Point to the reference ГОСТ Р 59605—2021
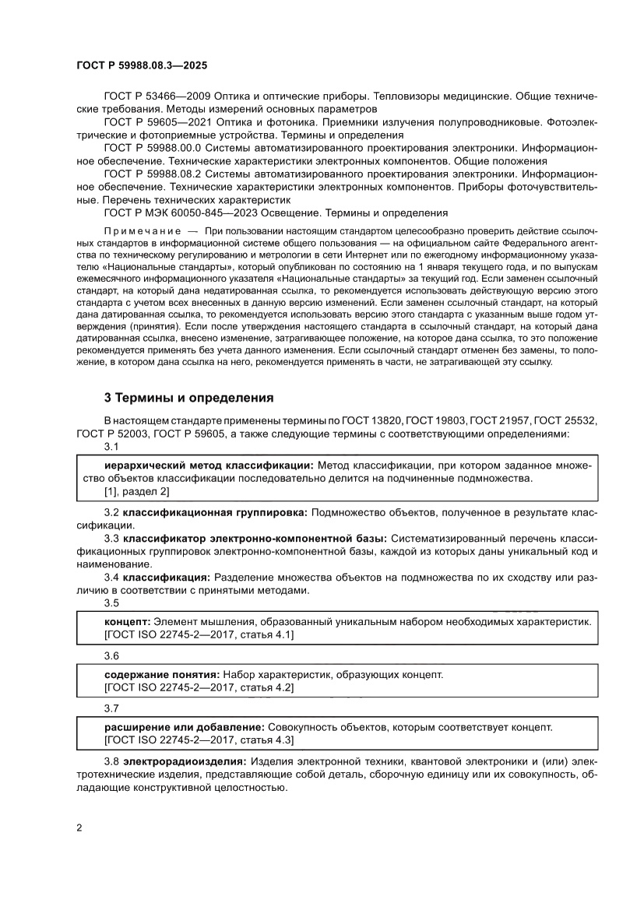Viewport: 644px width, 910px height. pos(155,122)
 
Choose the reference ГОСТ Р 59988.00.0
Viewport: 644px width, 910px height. pos(153,147)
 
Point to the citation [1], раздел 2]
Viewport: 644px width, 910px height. pos(136,491)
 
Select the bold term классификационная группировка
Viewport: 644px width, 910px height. pos(238,512)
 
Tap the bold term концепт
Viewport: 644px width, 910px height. pos(127,622)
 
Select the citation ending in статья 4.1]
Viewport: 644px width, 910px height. pos(199,635)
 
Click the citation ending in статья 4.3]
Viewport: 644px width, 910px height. pos(199,740)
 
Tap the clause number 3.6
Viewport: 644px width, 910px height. pos(111,656)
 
